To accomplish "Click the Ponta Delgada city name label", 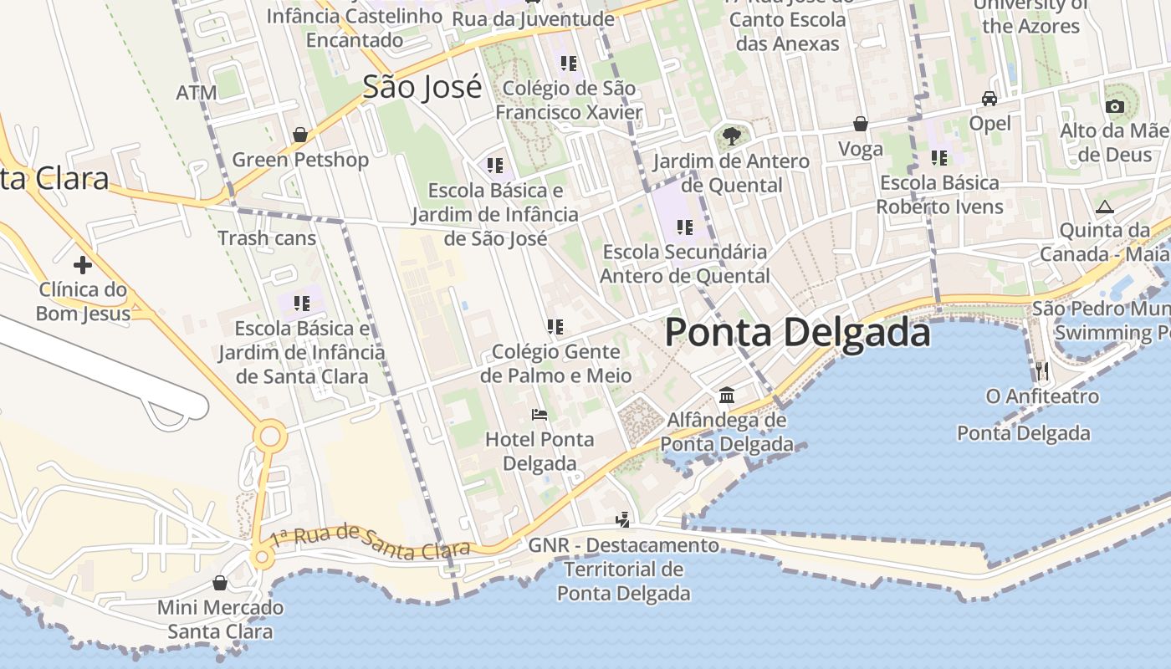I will click(x=797, y=333).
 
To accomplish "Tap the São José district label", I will click(x=422, y=87).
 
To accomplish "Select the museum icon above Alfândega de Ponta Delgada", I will click(x=727, y=395).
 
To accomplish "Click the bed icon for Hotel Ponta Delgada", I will click(x=539, y=415).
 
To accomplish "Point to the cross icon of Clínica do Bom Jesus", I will click(x=82, y=265).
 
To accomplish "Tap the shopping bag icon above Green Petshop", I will click(x=300, y=135).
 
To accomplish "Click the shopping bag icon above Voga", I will click(x=860, y=125).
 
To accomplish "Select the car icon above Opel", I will click(x=989, y=99).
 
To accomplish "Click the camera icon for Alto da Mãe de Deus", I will click(x=1114, y=106).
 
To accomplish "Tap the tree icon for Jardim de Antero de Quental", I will click(x=731, y=135).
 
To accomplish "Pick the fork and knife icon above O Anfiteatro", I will click(x=1041, y=370).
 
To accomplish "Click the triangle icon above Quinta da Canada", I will click(x=1105, y=207).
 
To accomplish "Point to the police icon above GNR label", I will click(x=622, y=520).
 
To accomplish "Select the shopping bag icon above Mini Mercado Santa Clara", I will click(x=220, y=583).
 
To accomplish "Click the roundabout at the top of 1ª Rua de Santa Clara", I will click(x=270, y=437).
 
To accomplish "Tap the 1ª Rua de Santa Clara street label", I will click(x=370, y=541).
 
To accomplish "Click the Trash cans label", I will click(x=267, y=238).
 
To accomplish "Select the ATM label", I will click(x=197, y=93).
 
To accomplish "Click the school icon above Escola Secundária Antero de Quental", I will click(x=685, y=227).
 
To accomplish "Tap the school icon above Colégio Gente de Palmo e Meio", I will click(x=555, y=327).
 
